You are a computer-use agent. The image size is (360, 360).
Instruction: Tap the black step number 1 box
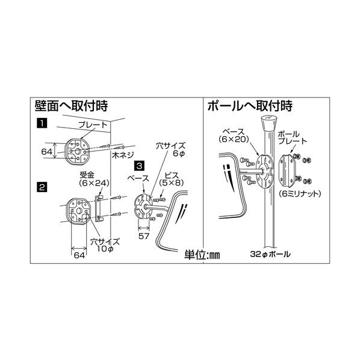point(42,124)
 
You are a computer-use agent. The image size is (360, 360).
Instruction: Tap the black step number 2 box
point(42,187)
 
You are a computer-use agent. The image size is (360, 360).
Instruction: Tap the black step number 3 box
point(139,165)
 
